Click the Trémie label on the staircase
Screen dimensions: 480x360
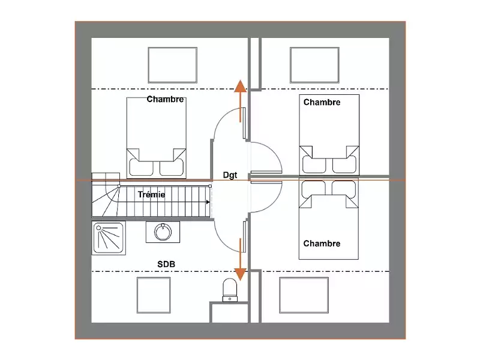tap(151, 194)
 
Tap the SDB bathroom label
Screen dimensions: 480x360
tap(166, 264)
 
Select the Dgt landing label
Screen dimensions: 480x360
tap(230, 175)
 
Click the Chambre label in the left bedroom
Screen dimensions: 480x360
tap(165, 99)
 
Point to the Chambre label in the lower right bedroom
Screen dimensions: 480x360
tap(322, 244)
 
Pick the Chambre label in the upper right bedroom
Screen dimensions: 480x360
tap(322, 102)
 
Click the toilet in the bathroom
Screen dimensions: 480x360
tap(230, 290)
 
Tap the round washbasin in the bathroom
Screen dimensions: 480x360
tap(163, 232)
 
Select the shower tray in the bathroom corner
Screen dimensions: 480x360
tap(109, 238)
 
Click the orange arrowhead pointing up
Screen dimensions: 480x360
tap(241, 86)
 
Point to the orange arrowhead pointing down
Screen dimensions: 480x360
tap(241, 274)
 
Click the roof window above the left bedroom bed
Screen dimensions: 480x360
tap(173, 65)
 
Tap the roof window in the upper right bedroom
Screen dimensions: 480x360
tap(314, 65)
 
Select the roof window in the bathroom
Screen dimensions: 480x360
tap(154, 295)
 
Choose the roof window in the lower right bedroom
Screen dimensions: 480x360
tap(304, 295)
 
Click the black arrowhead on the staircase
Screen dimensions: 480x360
tap(208, 202)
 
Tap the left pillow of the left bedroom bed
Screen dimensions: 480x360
tap(141, 167)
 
